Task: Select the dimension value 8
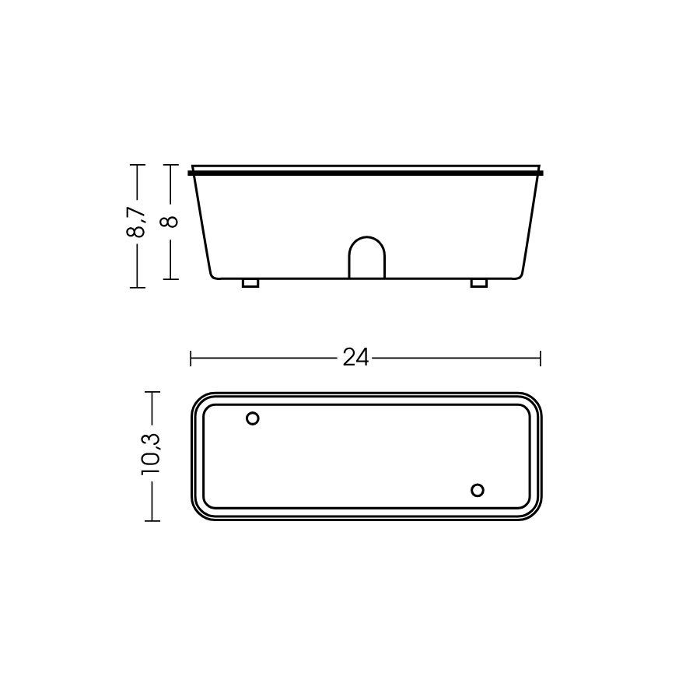(x=170, y=222)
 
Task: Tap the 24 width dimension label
(x=355, y=358)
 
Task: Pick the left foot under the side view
(x=250, y=283)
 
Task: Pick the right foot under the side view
(x=479, y=283)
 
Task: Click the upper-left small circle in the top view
(x=253, y=418)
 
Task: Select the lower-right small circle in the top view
(x=478, y=490)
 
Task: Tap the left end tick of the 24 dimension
(x=191, y=358)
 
